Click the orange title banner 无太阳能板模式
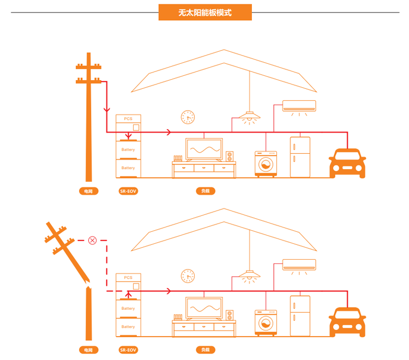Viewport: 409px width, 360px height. (205, 12)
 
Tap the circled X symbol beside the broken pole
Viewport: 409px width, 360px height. (92, 240)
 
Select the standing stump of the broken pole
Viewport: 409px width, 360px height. (88, 314)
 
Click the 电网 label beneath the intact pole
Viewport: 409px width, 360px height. (88, 191)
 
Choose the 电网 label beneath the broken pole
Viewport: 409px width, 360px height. (88, 350)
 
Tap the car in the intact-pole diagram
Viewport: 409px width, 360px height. (347, 163)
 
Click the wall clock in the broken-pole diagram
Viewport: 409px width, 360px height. (188, 276)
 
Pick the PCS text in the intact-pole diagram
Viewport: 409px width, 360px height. (128, 119)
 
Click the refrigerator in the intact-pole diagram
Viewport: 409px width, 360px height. (300, 157)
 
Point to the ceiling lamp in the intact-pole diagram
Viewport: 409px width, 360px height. (250, 116)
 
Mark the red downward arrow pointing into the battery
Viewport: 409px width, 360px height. (129, 136)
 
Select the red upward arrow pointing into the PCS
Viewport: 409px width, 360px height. (129, 293)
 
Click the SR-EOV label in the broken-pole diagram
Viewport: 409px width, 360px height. (128, 350)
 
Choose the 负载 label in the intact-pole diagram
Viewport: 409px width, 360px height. (205, 191)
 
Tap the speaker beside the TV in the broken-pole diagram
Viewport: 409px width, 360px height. (230, 315)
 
